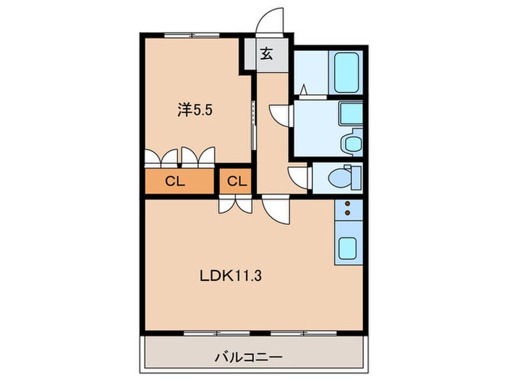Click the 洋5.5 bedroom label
pos(195,110)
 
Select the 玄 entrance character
pos(267,54)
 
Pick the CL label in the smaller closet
pos(237,181)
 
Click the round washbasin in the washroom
pos(353,142)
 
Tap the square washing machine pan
pos(351,113)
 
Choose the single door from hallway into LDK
pos(276,210)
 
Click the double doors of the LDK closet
pos(236,205)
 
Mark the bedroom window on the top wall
pos(191,35)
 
